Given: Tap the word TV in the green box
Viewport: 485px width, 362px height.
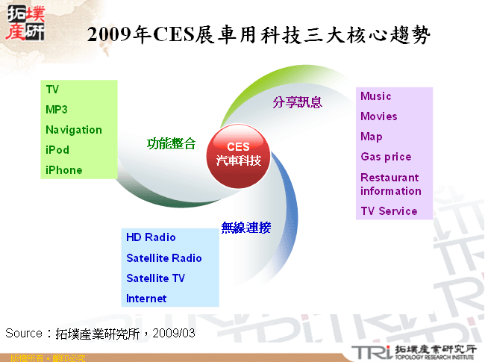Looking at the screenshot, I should coord(52,90).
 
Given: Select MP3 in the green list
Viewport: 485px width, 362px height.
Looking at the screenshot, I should coord(57,110).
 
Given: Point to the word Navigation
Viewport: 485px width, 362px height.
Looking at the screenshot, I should coord(74,130).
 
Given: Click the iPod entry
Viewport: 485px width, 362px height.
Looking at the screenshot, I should coord(57,150).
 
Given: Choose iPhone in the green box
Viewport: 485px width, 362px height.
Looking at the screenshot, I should coord(64,170).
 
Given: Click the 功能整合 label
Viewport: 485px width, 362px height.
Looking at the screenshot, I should coord(172,143).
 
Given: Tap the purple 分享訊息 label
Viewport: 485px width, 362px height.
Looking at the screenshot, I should coord(297,102).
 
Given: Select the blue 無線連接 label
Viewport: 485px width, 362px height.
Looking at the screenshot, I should coord(245,228).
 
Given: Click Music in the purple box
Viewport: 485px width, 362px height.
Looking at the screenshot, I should coord(376,96).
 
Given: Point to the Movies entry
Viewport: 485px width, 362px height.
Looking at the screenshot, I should coord(379,116).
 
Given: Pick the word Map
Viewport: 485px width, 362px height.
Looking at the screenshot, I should coord(372,137).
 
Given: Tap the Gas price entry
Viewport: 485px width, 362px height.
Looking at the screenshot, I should coord(386,157).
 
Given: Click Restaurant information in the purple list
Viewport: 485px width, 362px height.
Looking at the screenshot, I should coord(390,184).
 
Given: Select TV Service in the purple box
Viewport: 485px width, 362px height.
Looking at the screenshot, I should coord(389,211).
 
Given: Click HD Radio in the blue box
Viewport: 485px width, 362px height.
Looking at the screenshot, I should coord(151,237).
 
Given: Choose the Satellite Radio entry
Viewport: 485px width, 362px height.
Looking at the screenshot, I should coord(164,258).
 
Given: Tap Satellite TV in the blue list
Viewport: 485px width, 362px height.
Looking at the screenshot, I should coord(156,278).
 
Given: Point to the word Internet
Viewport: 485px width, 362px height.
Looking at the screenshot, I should coord(146,299).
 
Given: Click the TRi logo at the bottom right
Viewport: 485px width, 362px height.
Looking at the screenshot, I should coord(370,352).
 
